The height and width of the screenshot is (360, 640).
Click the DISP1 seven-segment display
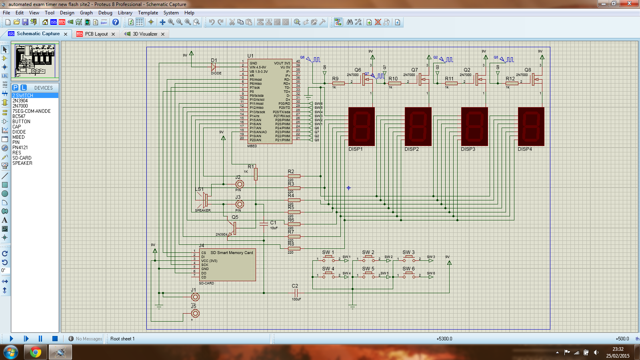tap(361, 126)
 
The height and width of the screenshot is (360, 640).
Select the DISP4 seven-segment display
tap(531, 126)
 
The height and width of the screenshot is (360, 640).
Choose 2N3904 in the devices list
tap(20, 101)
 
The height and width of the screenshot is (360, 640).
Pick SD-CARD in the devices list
tap(22, 158)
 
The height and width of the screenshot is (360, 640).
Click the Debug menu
tap(105, 13)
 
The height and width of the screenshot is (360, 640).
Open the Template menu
tap(148, 13)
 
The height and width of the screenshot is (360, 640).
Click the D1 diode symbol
tap(214, 67)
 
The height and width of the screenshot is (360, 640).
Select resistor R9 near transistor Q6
tap(338, 83)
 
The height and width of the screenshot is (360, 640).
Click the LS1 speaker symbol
tap(205, 199)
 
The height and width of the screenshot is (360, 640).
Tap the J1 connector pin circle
tap(195, 297)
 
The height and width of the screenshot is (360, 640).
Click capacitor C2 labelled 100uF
tap(296, 293)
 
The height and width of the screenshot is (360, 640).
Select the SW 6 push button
tap(408, 275)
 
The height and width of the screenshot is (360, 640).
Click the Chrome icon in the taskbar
tap(35, 352)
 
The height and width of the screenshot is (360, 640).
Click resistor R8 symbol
tap(294, 248)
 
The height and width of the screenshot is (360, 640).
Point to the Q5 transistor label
tap(235, 217)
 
